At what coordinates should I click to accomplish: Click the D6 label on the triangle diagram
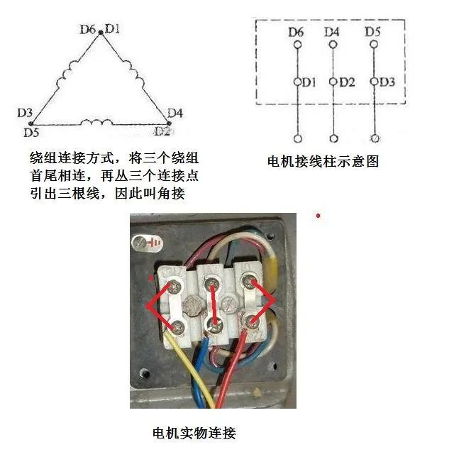pos(87,29)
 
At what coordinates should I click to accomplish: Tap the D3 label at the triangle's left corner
pos(25,113)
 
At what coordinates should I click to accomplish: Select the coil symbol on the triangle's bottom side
pos(96,122)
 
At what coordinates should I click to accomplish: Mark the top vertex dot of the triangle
pos(101,33)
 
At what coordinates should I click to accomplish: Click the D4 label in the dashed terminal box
pos(332,32)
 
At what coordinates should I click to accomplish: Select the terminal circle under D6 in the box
pos(297,45)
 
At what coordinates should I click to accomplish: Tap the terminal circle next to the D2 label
pos(333,82)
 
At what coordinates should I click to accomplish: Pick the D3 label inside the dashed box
pos(387,82)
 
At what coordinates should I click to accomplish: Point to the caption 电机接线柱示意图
pos(323,162)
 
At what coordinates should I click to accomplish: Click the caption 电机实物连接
pos(194,433)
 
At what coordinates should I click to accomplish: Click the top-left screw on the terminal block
pos(175,287)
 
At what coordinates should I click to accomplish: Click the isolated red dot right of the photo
pos(319,216)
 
